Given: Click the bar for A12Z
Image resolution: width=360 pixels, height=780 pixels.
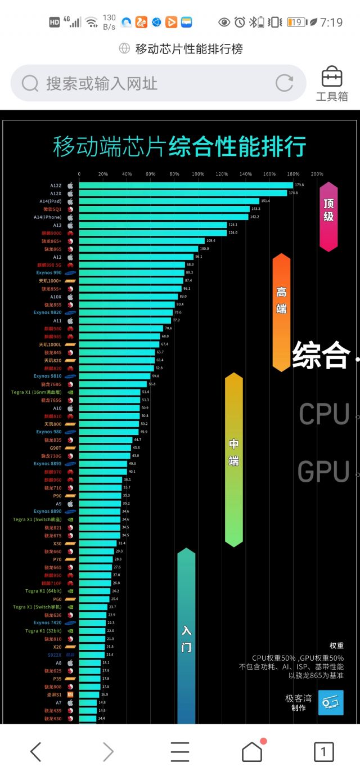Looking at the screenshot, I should point(186,185).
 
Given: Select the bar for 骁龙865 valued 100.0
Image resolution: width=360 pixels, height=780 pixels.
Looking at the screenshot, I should point(138,249).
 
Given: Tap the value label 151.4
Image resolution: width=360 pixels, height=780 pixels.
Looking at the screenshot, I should point(265,201).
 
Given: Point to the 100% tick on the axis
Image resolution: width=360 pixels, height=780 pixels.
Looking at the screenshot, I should point(198,174).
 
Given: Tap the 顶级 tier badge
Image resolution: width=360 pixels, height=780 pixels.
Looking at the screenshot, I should point(328,216).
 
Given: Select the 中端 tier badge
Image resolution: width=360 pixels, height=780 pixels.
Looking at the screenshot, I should point(234,459).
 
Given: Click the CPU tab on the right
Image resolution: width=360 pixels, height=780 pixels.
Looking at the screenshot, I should point(324,414).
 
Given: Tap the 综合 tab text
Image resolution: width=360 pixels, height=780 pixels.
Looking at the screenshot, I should point(321,356).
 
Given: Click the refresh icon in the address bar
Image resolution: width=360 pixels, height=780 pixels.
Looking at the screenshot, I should point(285,83).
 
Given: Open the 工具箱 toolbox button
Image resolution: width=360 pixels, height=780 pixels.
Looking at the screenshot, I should point(332,84).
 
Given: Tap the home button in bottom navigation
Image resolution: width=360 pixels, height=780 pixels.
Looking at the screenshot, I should point(252,751).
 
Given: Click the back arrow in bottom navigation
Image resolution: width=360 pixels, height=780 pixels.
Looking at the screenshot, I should point(36,752).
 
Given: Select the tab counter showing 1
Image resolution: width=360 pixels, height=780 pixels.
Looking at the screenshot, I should point(323,752).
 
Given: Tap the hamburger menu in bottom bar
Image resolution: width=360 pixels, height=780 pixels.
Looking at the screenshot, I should point(179,752).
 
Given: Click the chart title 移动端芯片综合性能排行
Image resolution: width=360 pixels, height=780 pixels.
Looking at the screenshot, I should point(179,146).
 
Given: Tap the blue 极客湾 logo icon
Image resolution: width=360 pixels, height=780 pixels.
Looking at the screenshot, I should point(331,703).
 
